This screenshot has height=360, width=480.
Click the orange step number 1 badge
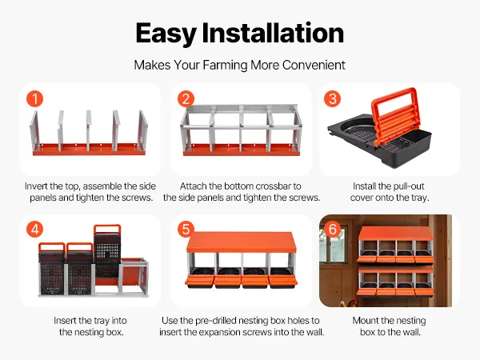[34, 99]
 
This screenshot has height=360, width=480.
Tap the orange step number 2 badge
[186, 99]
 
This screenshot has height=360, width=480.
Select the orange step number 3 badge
[333, 99]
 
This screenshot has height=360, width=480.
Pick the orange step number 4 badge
[34, 230]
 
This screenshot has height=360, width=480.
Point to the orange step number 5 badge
[186, 230]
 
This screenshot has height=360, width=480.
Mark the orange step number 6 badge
[333, 230]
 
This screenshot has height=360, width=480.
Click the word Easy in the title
[166, 34]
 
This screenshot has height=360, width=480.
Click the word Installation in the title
[273, 32]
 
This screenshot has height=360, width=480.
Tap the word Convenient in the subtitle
[314, 65]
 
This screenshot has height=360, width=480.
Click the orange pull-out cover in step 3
[395, 114]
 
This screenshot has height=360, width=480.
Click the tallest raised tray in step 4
[107, 251]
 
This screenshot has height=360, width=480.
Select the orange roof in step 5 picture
[242, 242]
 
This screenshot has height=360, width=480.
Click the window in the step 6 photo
[332, 245]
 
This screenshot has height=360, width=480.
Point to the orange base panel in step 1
[89, 149]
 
